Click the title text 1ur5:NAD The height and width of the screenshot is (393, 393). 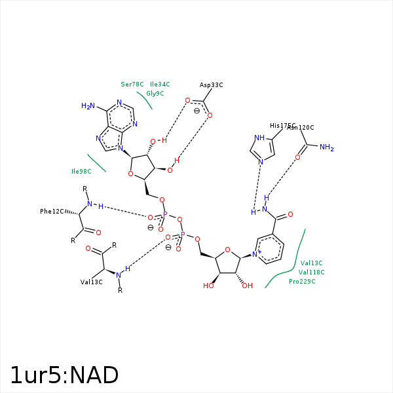[x=64, y=375]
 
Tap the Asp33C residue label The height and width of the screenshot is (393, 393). [x=212, y=85]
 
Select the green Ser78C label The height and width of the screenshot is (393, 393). [x=132, y=84]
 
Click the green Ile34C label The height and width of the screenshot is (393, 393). [x=160, y=84]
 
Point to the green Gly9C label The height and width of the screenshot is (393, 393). [x=155, y=94]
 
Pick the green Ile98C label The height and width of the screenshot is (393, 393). [x=81, y=172]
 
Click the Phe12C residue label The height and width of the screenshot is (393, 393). [x=52, y=212]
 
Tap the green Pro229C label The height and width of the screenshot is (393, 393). [x=302, y=282]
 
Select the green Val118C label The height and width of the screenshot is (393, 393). [x=311, y=272]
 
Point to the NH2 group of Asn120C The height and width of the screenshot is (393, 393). [x=326, y=148]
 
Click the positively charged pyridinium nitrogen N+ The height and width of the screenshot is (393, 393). [x=257, y=252]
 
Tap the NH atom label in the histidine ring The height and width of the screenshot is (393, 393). [x=259, y=138]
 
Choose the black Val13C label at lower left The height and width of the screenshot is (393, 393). [x=92, y=282]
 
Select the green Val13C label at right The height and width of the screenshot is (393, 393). [x=311, y=263]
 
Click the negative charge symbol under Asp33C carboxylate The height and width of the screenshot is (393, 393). [x=196, y=111]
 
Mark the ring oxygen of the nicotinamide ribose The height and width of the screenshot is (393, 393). [x=227, y=250]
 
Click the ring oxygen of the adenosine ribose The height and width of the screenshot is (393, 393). [x=131, y=174]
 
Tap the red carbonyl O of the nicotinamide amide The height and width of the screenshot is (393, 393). [x=290, y=215]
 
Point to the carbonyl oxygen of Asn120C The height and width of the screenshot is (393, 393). [x=297, y=157]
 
